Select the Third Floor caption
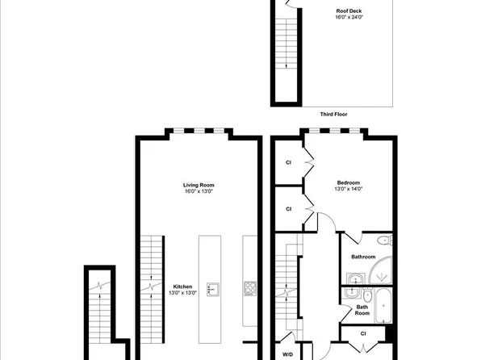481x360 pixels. pos(333,114)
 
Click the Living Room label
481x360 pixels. pos(198,185)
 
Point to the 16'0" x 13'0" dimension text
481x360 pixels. pos(198,192)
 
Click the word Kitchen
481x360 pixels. pos(183,286)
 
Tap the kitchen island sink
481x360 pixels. pos(213,288)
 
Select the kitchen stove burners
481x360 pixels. pos(249,288)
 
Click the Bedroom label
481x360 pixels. pos(349,182)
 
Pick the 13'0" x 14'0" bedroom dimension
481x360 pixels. pos(349,189)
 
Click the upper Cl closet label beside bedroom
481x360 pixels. pos(288,162)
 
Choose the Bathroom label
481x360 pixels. pos(362,257)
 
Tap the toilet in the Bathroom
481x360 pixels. pos(385,241)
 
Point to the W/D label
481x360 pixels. pos(287,354)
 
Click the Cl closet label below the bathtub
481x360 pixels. pos(363,333)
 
